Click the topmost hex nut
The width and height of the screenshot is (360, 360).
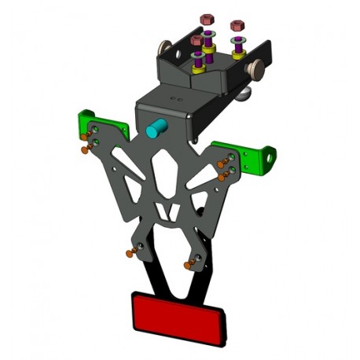point(208,17)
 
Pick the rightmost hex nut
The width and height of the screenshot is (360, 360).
point(234,26)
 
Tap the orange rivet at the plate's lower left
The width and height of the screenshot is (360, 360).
point(127,253)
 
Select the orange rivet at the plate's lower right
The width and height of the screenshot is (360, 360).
point(189,265)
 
